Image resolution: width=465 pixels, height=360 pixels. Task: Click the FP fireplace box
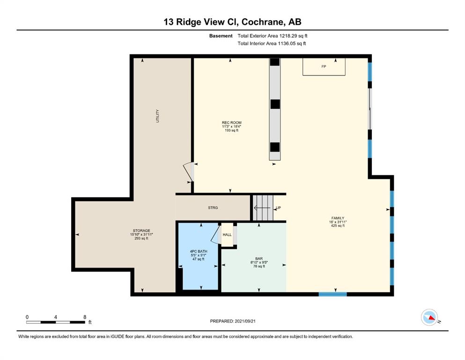[324, 67]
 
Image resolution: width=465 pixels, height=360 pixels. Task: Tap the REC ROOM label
[232, 122]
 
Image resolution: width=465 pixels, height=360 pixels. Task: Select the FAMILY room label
[338, 218]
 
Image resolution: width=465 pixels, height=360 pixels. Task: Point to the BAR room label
[259, 259]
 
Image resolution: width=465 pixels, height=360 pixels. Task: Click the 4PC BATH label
[199, 251]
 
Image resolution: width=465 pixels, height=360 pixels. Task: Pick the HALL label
[227, 235]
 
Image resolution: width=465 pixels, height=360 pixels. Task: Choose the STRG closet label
[213, 208]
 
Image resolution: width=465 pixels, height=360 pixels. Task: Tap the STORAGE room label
[141, 231]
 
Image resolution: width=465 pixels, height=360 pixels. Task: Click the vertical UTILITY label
[157, 116]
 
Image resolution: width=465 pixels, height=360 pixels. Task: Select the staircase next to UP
[263, 208]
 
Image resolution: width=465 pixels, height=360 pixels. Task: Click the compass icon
[429, 317]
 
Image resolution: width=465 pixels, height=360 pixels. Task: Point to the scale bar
[55, 322]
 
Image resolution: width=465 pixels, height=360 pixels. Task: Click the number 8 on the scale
[85, 317]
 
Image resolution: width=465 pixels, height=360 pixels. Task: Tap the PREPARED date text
[233, 321]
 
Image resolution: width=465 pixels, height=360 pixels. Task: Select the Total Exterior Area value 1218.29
[288, 36]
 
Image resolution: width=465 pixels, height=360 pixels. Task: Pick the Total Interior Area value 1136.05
[287, 43]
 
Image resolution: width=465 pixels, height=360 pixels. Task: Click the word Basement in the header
[221, 36]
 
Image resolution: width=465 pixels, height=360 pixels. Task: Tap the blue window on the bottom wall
[333, 294]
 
